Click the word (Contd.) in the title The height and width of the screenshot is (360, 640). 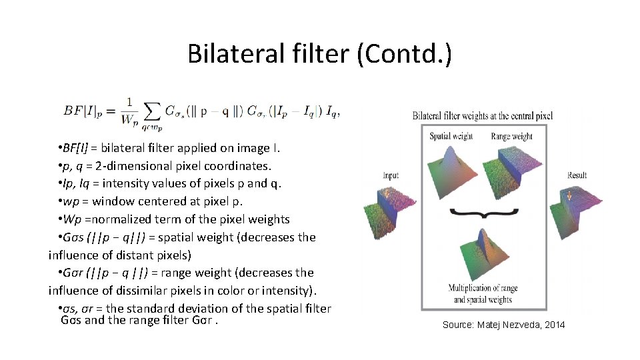point(404,53)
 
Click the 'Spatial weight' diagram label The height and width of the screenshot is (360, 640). point(451,136)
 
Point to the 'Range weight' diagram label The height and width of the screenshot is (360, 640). point(511,136)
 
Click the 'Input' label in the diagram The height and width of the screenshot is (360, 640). point(391,175)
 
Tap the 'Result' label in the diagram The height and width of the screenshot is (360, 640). point(577,175)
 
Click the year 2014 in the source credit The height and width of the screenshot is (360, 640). point(553,325)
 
